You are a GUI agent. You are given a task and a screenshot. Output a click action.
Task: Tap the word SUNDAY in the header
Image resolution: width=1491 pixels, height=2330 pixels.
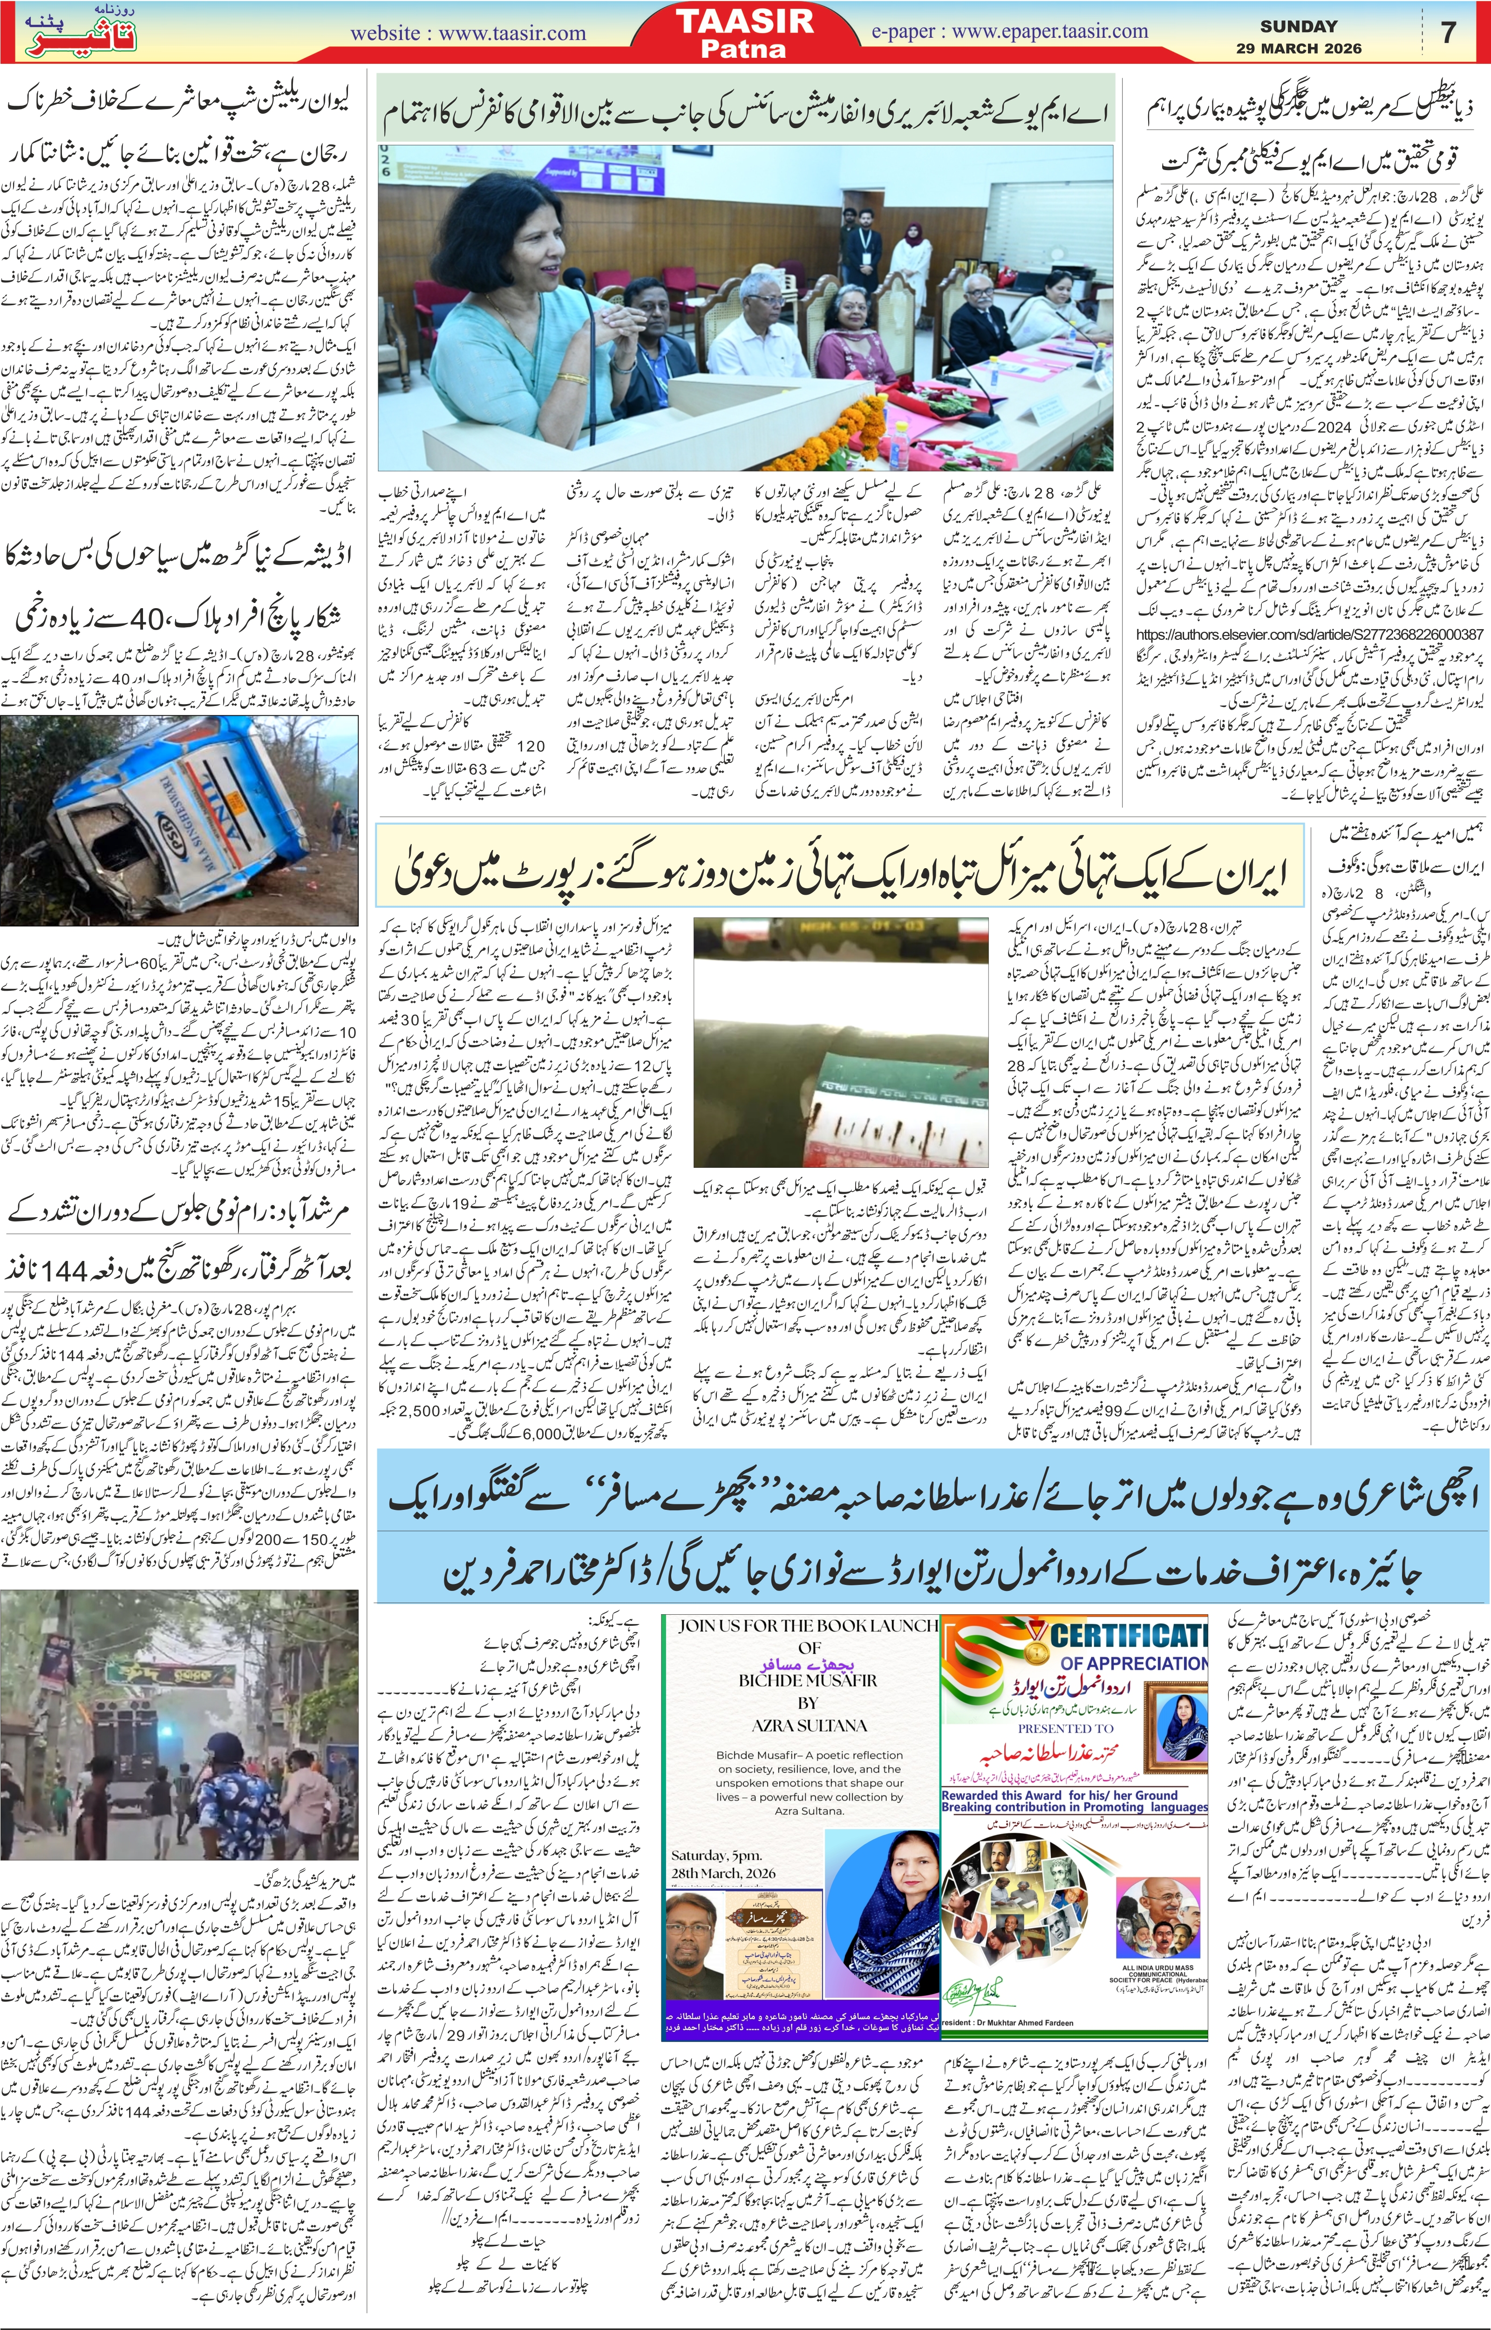1298,26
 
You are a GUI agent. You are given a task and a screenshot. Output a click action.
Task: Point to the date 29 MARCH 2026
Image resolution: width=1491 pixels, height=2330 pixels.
1298,48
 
